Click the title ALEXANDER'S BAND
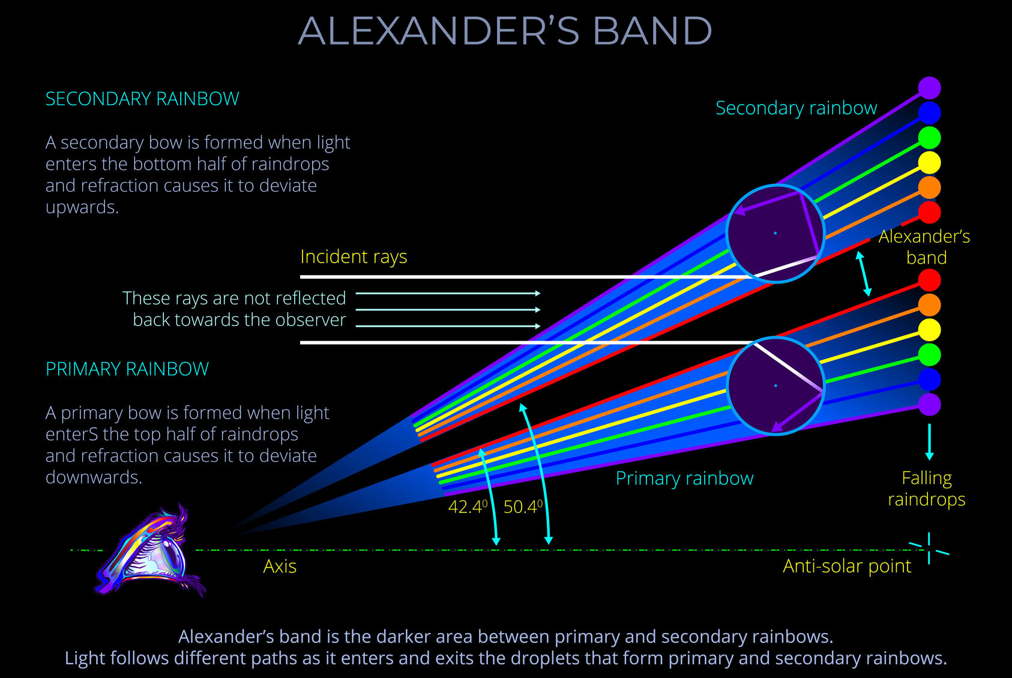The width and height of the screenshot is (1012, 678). (x=505, y=31)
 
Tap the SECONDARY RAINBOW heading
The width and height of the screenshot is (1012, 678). (x=142, y=99)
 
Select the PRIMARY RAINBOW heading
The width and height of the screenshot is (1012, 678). (x=127, y=369)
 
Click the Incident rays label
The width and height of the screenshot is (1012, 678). (x=354, y=256)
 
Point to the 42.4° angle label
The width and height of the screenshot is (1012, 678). (x=468, y=507)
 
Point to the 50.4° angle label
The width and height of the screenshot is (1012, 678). (x=523, y=507)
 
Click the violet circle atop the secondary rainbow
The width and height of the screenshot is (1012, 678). (x=929, y=88)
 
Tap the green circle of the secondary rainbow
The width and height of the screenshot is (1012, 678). (x=929, y=138)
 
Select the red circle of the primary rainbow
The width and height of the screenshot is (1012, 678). (x=929, y=280)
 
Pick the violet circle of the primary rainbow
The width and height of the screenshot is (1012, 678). (x=929, y=404)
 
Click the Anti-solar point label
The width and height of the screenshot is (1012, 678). (x=846, y=566)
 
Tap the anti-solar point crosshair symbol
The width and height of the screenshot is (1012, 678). (x=929, y=548)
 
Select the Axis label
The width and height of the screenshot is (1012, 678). (x=280, y=566)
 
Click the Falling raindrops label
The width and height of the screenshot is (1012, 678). (x=926, y=489)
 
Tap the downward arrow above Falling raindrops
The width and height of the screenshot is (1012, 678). (x=929, y=441)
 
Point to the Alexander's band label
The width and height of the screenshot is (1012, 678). (x=924, y=247)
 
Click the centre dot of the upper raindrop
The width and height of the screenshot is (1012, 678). (x=775, y=232)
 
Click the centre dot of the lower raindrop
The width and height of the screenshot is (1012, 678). (x=776, y=386)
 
